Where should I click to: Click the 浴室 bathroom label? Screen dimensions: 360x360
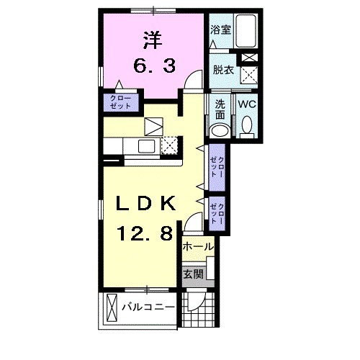click(220, 30)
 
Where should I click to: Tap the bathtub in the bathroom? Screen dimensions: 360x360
click(246, 31)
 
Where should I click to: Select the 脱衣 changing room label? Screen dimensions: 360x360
click(223, 70)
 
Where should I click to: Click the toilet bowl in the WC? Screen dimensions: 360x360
click(246, 125)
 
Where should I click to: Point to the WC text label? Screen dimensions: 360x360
click(247, 104)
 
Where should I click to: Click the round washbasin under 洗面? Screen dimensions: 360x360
click(220, 131)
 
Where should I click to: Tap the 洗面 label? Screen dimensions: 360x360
click(220, 110)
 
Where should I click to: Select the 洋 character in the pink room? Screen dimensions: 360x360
click(153, 40)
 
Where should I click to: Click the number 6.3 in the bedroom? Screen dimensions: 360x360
click(154, 66)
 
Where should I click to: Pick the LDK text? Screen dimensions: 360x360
click(145, 204)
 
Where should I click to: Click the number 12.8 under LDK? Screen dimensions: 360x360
click(145, 233)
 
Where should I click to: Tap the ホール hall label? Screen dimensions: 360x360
click(198, 246)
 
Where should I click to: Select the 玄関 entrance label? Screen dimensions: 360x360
click(194, 274)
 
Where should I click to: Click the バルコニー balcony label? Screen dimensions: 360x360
click(148, 307)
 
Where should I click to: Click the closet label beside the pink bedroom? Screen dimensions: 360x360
click(121, 102)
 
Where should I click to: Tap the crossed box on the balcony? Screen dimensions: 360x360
click(111, 307)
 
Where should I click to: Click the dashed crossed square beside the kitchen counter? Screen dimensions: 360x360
click(170, 145)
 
